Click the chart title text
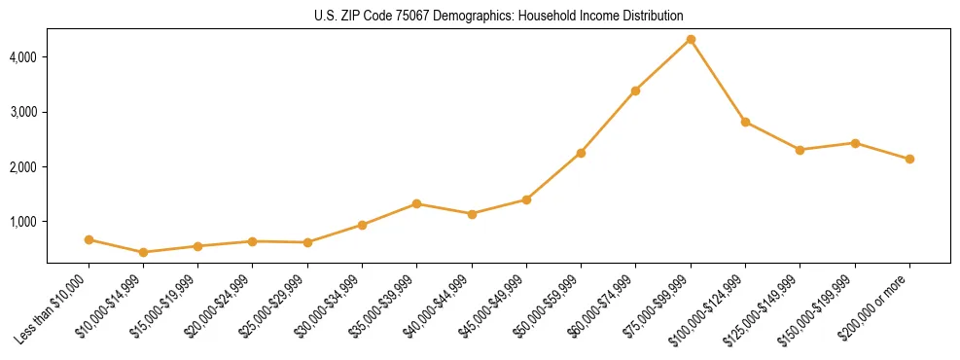(499, 17)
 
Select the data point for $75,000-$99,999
(691, 39)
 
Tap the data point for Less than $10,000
(89, 239)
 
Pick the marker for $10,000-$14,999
(144, 252)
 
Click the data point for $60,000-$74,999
(635, 90)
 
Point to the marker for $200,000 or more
(909, 159)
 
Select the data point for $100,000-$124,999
(745, 122)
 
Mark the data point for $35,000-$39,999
(416, 203)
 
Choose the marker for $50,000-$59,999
(581, 153)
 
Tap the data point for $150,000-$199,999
(855, 143)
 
